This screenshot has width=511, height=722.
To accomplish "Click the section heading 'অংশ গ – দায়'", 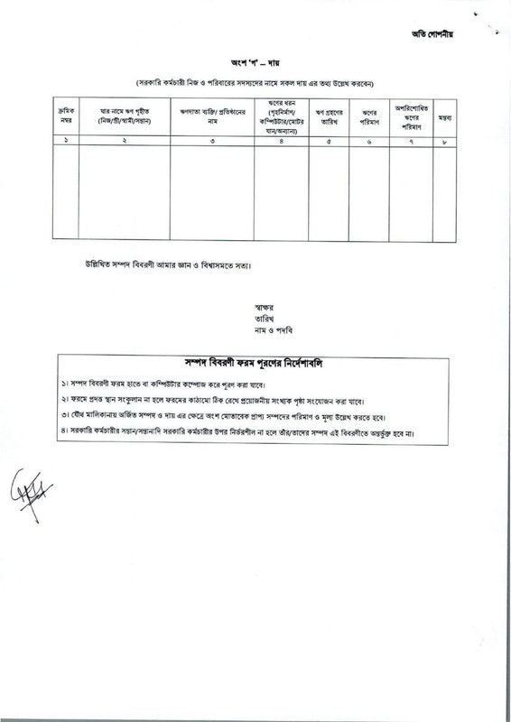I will tap(255, 65).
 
